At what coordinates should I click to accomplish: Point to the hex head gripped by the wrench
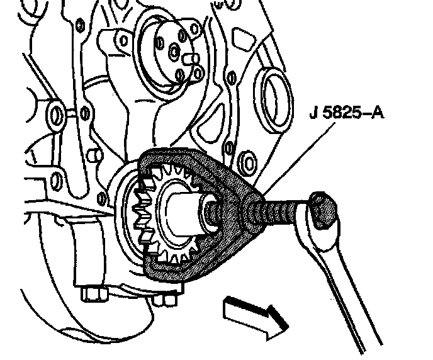pyautogui.click(x=322, y=210)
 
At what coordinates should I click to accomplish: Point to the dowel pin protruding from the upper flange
pyautogui.click(x=191, y=59)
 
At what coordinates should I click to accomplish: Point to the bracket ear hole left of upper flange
pyautogui.click(x=79, y=26)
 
